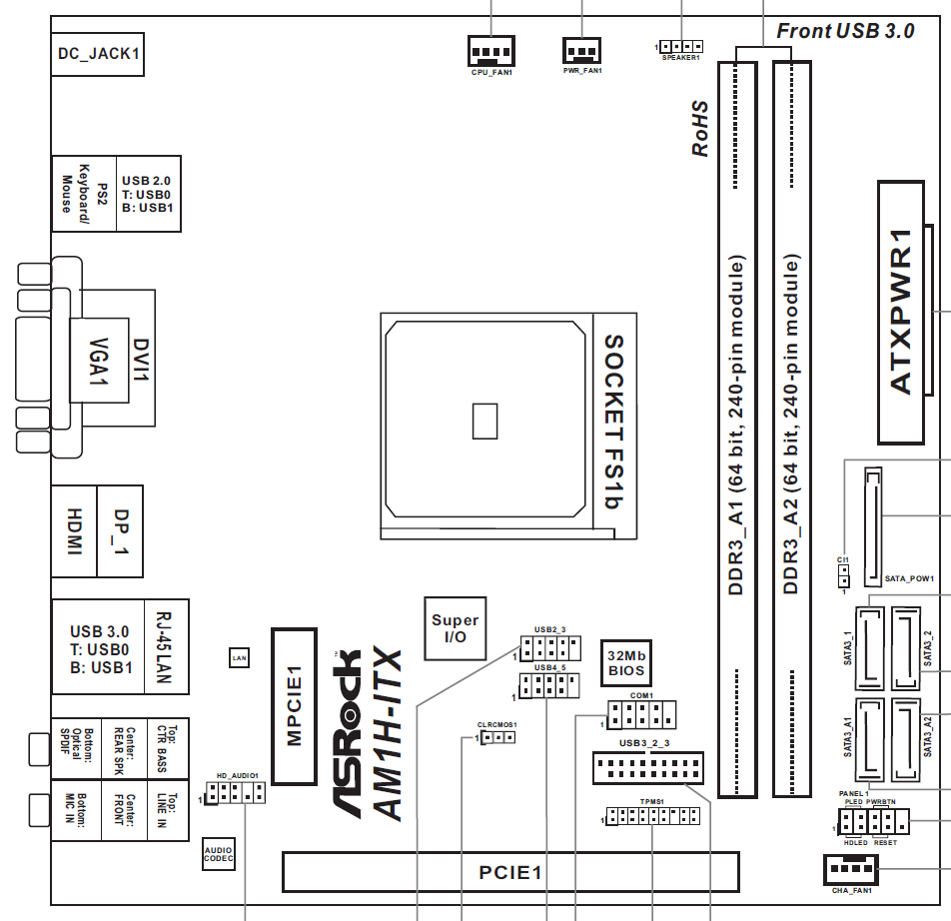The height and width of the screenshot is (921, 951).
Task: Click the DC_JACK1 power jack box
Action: (96, 53)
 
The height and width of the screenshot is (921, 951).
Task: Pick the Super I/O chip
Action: (455, 627)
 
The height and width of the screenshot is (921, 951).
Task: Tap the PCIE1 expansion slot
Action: (510, 872)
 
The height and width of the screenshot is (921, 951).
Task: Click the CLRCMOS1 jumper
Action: (496, 738)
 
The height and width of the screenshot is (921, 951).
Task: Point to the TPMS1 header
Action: (653, 816)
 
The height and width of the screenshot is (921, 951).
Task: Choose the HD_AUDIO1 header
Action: (236, 794)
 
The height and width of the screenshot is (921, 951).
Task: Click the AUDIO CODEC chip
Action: (219, 854)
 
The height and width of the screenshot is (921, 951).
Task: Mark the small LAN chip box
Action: (238, 657)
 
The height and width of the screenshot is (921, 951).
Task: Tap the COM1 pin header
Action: (641, 714)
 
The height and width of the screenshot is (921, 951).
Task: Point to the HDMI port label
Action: (74, 530)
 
